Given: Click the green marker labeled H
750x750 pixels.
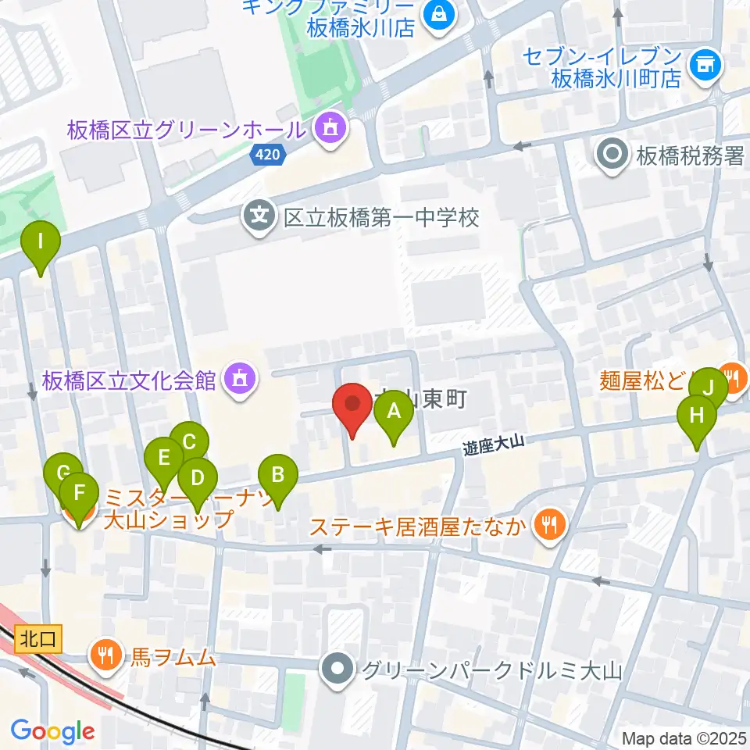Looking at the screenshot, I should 696,419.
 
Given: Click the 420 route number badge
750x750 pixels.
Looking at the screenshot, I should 267,155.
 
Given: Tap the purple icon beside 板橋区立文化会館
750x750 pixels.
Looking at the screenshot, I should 237,380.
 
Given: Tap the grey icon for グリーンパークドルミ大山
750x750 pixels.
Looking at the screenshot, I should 338,670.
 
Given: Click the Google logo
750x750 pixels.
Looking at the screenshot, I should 52,732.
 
